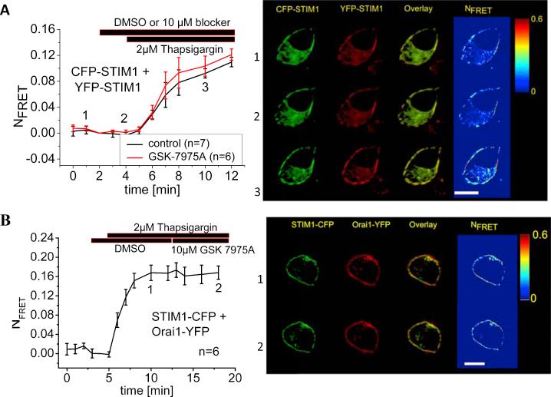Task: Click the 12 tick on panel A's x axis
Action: [233, 176]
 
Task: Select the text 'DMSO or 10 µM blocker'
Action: [167, 22]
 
